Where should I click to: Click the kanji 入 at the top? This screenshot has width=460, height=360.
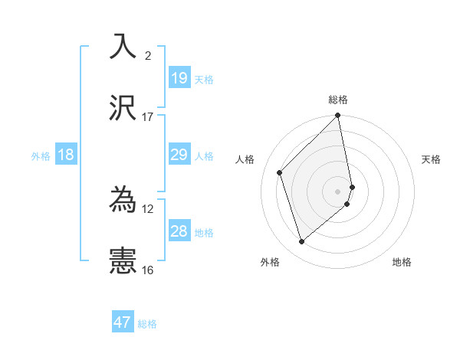(x=123, y=46)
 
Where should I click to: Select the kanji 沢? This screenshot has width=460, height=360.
(x=123, y=108)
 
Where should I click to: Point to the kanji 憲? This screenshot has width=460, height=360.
(x=123, y=261)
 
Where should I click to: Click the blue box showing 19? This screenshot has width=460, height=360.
(x=179, y=77)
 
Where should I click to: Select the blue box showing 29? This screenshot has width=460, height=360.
(x=179, y=155)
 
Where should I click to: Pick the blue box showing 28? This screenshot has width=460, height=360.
(x=179, y=231)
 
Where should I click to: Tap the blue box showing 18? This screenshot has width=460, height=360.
(x=66, y=155)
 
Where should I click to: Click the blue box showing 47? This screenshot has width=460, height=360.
(x=123, y=322)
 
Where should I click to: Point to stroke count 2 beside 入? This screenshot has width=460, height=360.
(x=148, y=55)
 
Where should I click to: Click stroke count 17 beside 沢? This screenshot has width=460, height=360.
(x=148, y=117)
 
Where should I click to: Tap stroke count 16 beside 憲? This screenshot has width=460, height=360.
(x=148, y=270)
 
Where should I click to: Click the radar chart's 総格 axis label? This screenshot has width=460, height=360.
(x=338, y=100)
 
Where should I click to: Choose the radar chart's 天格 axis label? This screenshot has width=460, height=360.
(x=431, y=159)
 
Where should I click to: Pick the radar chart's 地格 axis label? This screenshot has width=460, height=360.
(x=402, y=262)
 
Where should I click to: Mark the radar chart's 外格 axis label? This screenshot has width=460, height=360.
(x=270, y=262)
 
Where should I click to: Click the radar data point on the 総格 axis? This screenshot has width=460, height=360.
(x=338, y=116)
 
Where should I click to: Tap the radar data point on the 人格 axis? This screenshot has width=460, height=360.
(x=280, y=172)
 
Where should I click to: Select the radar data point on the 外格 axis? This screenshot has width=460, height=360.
(x=302, y=242)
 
